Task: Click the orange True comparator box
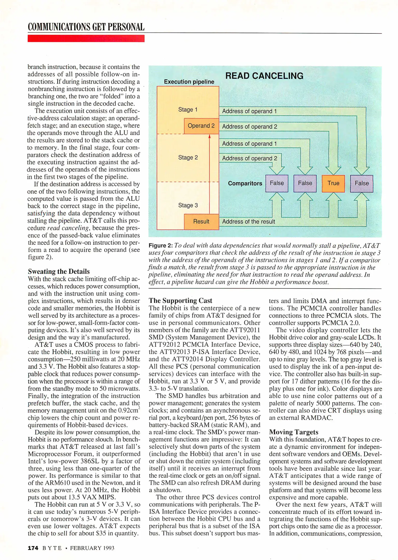(333, 183)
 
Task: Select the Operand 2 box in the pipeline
(201, 126)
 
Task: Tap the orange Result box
(201, 221)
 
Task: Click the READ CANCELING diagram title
(264, 76)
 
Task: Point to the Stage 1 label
(188, 110)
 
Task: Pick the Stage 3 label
(188, 205)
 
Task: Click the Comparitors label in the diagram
(245, 183)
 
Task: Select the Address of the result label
(248, 222)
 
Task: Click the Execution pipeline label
(189, 82)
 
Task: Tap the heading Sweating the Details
(59, 271)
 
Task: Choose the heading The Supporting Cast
(180, 300)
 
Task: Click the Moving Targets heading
(294, 432)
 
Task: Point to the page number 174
(33, 548)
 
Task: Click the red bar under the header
(86, 38)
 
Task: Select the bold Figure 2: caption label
(161, 246)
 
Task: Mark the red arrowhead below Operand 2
(209, 136)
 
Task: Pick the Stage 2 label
(188, 157)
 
